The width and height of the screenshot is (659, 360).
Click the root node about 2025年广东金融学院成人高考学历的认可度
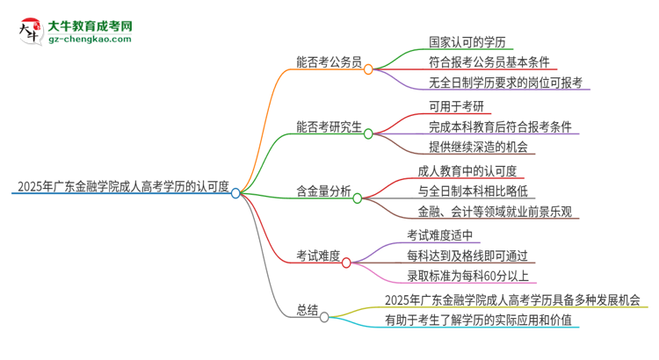[123, 186]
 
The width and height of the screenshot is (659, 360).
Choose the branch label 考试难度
[318, 256]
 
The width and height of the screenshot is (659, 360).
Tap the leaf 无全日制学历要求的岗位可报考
[497, 83]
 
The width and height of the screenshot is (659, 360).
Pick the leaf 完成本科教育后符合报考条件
[497, 127]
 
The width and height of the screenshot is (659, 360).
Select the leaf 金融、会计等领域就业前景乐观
[495, 212]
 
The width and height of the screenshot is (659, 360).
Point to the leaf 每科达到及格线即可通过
[467, 256]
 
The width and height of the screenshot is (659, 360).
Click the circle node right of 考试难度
[346, 263]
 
